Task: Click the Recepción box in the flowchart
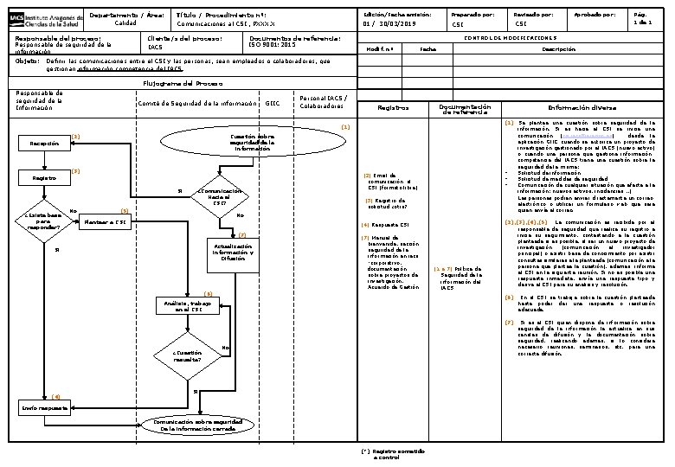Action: pos(44,144)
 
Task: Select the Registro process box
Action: pos(44,178)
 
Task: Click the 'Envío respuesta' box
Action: pos(44,405)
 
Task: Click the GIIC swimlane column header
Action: pos(273,104)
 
